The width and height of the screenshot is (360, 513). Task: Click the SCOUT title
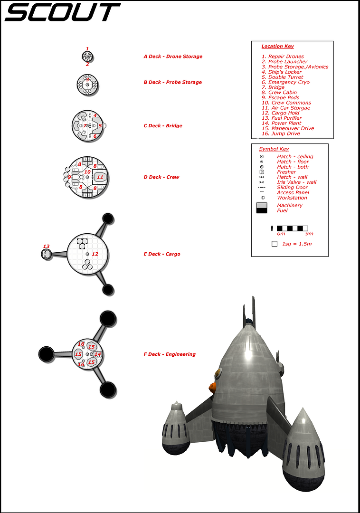[62, 12]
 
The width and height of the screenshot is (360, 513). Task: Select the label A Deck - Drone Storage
[173, 57]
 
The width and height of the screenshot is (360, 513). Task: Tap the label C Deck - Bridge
[163, 126]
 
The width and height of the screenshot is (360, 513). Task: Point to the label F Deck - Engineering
[170, 354]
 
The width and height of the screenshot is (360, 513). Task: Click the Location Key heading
[277, 47]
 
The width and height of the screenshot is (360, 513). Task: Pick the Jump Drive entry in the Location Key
[281, 133]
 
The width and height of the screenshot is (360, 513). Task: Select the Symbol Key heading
[274, 149]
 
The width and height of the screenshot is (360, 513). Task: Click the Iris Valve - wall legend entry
[296, 182]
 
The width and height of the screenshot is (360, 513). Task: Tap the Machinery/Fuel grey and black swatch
[262, 208]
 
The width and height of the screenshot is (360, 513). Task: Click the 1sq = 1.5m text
[297, 244]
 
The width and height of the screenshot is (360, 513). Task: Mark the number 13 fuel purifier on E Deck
[46, 247]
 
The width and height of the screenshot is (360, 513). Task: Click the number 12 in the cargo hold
[95, 254]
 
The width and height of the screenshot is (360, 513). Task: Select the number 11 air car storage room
[100, 177]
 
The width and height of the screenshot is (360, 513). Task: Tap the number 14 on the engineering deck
[97, 354]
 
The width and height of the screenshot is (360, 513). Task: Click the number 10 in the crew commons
[87, 171]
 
